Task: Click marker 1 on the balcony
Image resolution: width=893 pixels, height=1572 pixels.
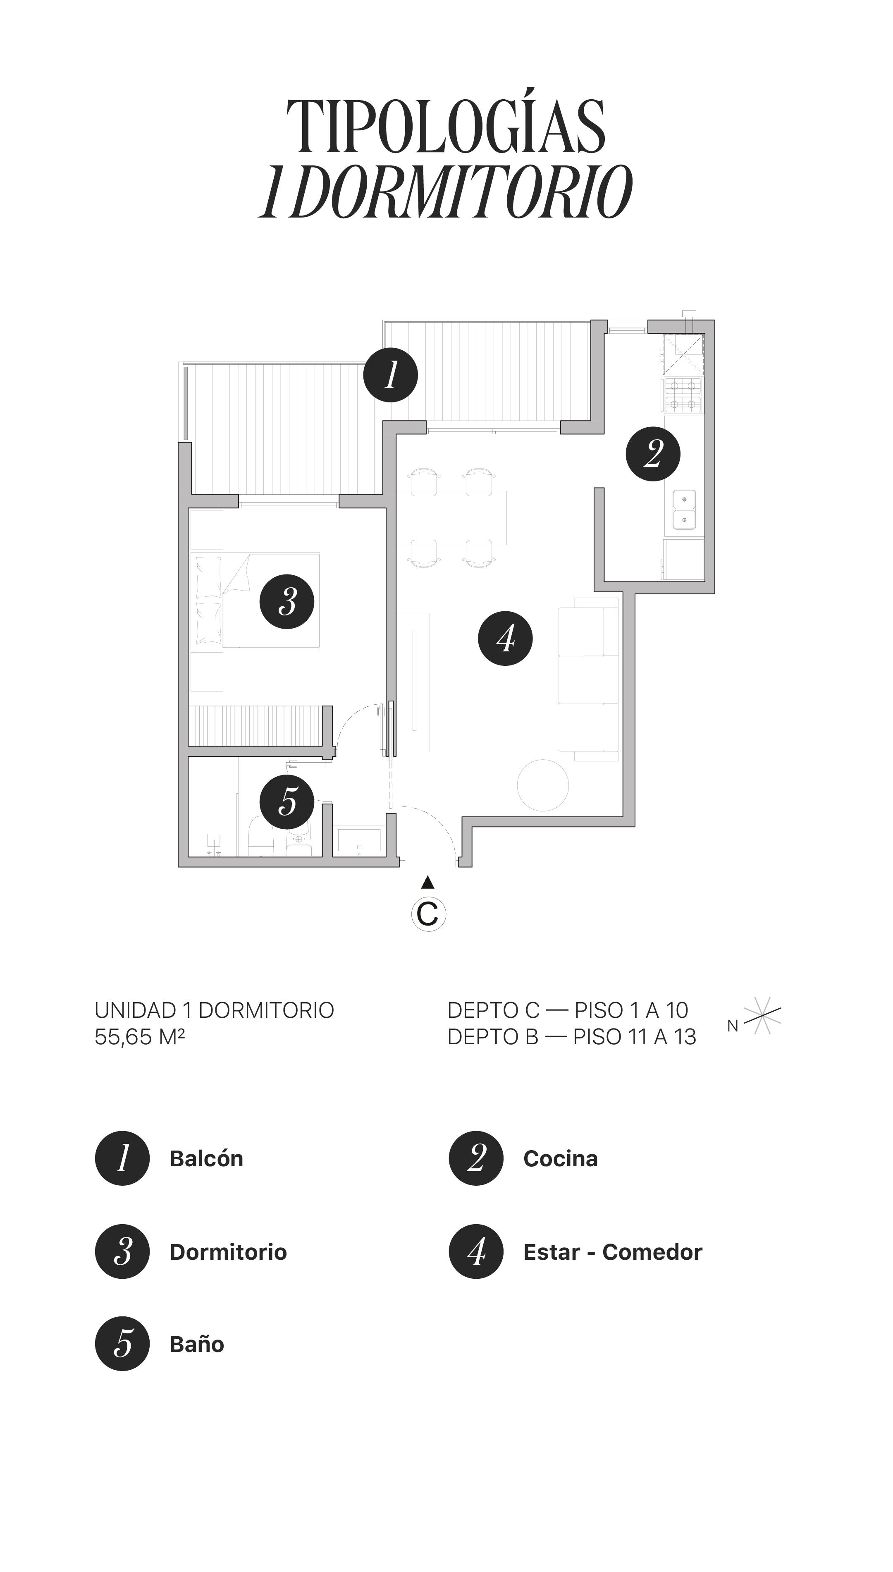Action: [390, 375]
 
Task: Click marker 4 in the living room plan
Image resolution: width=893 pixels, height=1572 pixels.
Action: [505, 639]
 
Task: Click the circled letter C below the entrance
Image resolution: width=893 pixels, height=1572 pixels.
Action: [428, 914]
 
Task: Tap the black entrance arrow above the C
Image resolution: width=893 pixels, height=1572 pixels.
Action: [428, 883]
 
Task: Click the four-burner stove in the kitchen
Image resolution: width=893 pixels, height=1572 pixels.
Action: [683, 396]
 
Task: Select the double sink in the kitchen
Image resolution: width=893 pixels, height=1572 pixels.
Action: [684, 510]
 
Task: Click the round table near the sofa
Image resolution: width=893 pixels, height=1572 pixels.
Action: [543, 785]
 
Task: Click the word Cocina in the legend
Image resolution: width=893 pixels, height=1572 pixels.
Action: [560, 1158]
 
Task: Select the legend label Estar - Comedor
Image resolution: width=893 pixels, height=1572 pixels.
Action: [612, 1252]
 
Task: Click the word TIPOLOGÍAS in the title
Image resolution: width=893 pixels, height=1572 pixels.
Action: [446, 127]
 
